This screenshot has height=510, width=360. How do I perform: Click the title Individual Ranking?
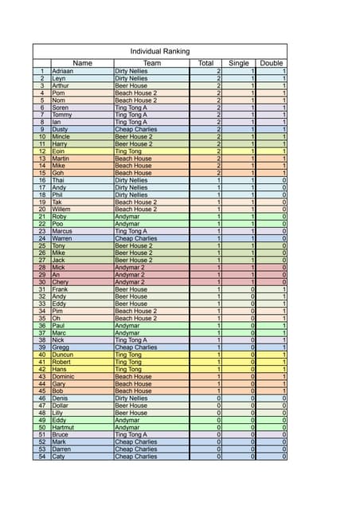(x=160, y=52)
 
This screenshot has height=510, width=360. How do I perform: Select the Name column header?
(x=82, y=63)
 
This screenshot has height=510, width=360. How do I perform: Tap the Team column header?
(x=152, y=63)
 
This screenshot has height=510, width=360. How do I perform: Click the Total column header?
(x=205, y=63)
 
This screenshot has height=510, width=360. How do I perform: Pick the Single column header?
(x=239, y=63)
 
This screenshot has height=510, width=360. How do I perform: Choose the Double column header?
(x=272, y=63)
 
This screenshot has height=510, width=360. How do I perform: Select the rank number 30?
(x=41, y=282)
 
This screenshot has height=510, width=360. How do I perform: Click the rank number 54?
(x=41, y=457)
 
